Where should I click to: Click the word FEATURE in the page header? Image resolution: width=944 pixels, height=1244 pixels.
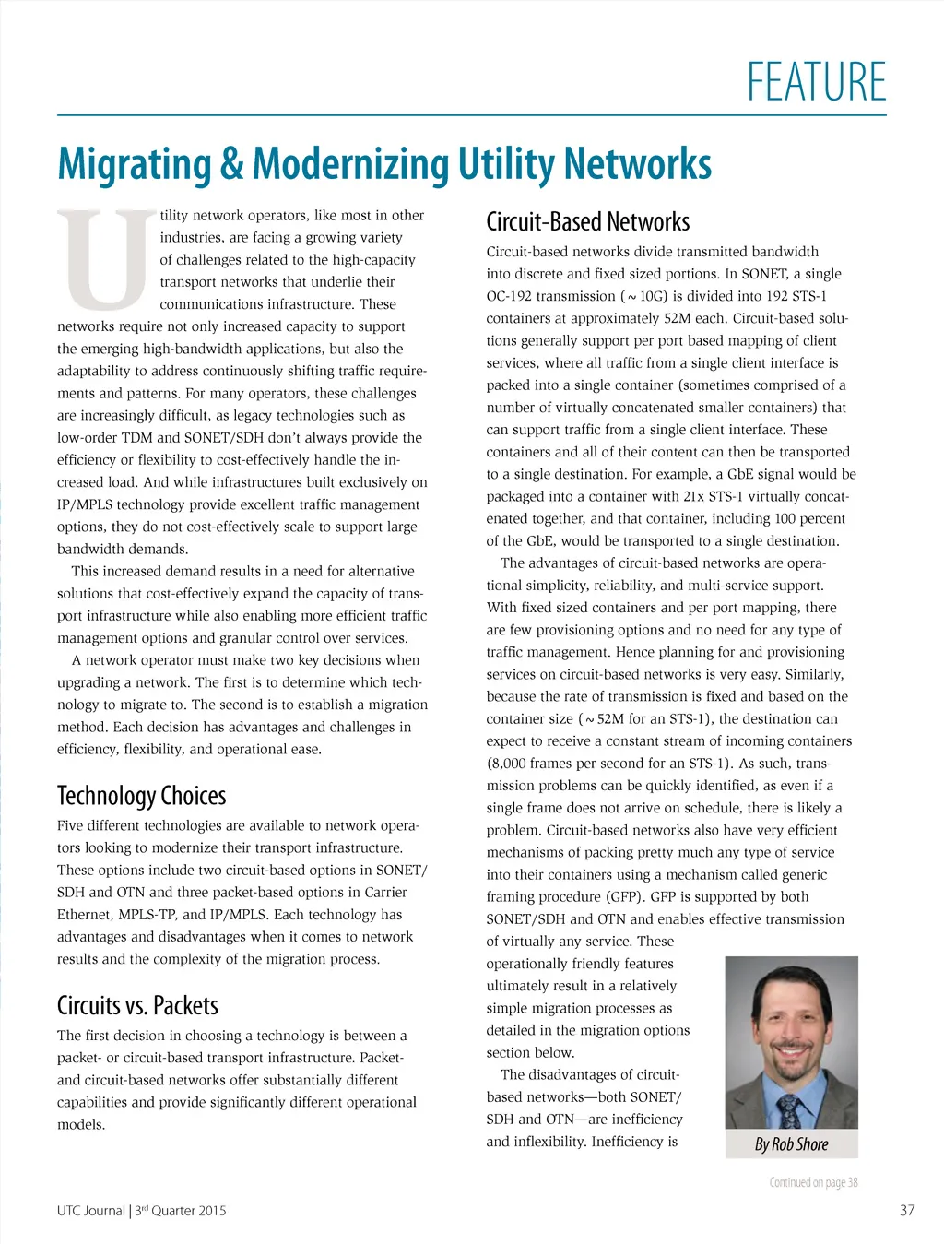pos(816,82)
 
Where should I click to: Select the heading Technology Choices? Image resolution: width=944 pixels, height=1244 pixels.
pos(141,796)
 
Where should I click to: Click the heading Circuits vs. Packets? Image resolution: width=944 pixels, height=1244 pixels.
pos(137,1005)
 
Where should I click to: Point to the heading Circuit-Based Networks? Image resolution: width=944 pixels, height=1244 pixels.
pos(587,222)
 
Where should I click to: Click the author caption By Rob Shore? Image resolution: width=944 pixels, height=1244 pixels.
pos(791,1144)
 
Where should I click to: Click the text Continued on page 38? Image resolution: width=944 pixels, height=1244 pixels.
pos(813,1182)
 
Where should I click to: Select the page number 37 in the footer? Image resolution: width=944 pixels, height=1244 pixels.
pos(907,1210)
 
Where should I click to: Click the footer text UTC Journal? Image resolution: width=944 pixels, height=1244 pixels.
pos(90,1211)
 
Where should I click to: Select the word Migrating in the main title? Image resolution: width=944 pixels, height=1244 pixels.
pos(135,165)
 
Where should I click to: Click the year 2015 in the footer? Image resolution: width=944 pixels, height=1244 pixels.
pos(210,1211)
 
